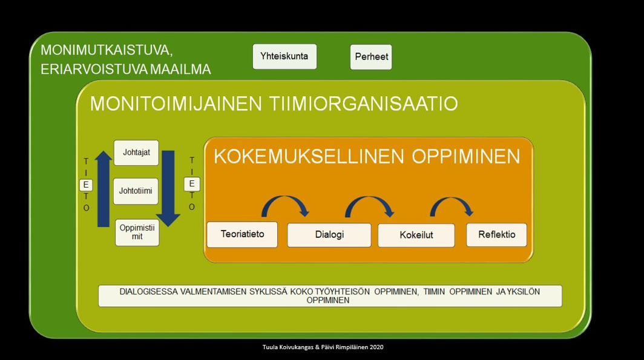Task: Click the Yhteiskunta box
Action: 284,57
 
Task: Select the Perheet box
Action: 371,57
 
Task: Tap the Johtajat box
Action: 136,152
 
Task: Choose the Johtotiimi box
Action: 136,191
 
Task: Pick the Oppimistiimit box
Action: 137,232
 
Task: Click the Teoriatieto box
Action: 242,234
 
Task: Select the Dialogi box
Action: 329,235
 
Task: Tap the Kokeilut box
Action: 416,235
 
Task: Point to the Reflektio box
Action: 496,235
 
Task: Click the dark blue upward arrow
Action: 103,189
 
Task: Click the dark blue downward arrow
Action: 168,189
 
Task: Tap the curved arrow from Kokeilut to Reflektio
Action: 452,199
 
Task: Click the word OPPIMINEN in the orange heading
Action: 466,156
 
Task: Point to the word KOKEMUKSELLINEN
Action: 309,156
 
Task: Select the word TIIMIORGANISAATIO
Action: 364,103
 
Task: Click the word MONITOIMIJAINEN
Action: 176,103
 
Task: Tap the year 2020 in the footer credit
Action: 376,347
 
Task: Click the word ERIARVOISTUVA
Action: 94,69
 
